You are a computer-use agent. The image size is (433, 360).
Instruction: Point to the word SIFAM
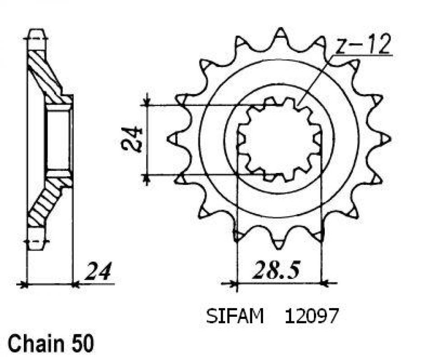coord(235,317)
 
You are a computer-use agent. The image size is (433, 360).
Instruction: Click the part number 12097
coord(310,317)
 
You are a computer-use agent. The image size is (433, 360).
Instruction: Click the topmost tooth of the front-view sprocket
coord(280,34)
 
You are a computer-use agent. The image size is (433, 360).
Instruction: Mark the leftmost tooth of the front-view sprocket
coord(173,139)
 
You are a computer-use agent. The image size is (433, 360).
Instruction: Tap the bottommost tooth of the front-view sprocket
coord(279,243)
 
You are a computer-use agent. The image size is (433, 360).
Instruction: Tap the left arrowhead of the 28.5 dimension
coord(233,284)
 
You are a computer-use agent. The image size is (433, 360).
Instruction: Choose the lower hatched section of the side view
coord(45,203)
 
